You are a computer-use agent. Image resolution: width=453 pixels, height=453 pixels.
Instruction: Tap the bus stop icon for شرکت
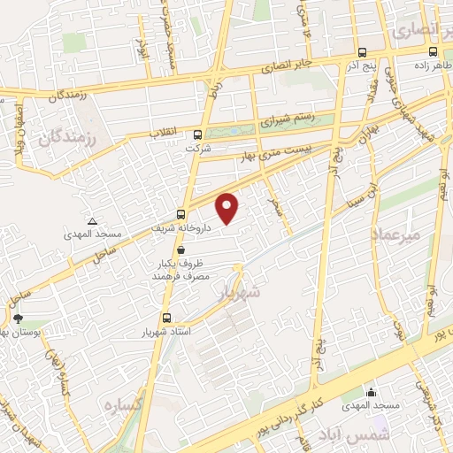point(196,135)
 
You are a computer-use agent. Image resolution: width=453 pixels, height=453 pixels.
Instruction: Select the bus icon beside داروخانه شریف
point(181,213)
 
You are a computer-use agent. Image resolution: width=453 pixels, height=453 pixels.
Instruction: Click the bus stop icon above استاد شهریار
point(165,319)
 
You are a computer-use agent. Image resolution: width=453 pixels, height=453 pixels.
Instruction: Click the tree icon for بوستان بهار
point(18,318)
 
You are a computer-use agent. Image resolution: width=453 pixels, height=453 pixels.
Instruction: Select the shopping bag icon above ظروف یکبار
point(180,251)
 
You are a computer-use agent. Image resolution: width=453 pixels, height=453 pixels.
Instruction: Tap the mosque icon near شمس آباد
point(371,392)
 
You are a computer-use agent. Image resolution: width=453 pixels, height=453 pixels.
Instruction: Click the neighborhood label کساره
point(124,405)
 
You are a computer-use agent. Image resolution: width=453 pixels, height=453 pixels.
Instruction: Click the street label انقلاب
point(166,133)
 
